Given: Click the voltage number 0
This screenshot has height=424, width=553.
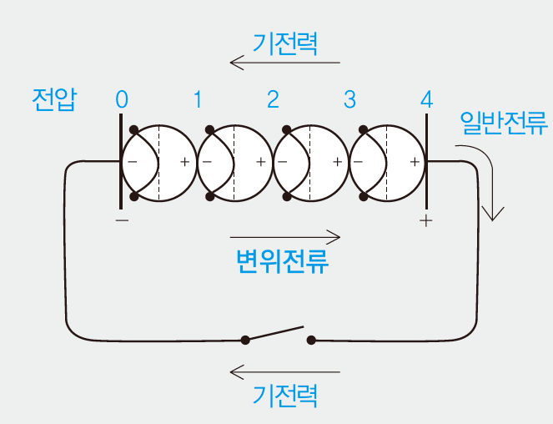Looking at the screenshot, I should coord(123,100).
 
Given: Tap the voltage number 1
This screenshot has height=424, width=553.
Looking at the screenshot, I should coord(198,100).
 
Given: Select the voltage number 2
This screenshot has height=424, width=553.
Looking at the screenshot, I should coord(274,100).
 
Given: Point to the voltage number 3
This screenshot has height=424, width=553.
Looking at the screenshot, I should coord(349,100).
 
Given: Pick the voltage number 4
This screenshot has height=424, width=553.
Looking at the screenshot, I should coord(426,100).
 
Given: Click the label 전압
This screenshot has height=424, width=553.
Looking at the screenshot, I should coord(53,100).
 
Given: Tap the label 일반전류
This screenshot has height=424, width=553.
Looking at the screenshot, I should coord(503,125).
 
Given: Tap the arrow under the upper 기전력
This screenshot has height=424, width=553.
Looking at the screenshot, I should coord(285,63).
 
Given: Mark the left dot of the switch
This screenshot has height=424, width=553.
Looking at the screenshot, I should coord(244,340).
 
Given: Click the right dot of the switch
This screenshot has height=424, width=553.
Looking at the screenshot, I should coord(311,340).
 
